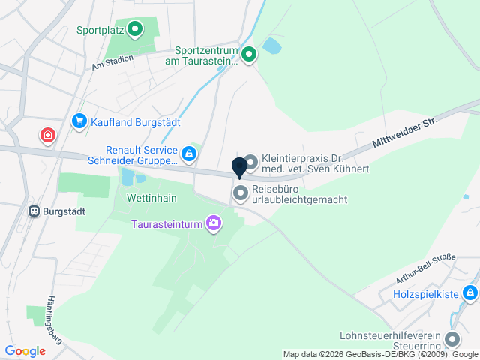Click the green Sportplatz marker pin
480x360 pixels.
(x=135, y=30)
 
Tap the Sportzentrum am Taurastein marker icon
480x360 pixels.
(x=249, y=54)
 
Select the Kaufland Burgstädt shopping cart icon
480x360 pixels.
(x=79, y=121)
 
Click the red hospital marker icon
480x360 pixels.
(x=48, y=135)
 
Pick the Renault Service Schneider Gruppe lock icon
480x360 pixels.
(x=189, y=154)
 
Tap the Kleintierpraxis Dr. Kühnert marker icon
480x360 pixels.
(x=250, y=162)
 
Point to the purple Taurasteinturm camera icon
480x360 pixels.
(x=214, y=223)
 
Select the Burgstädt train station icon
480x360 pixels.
(x=34, y=211)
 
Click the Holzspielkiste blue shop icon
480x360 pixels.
(x=469, y=292)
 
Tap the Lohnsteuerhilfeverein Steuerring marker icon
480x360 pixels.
(x=452, y=339)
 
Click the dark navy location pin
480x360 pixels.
(x=239, y=167)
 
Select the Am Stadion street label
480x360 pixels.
(x=112, y=61)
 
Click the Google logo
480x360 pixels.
(x=25, y=351)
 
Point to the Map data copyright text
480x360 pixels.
(x=380, y=354)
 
